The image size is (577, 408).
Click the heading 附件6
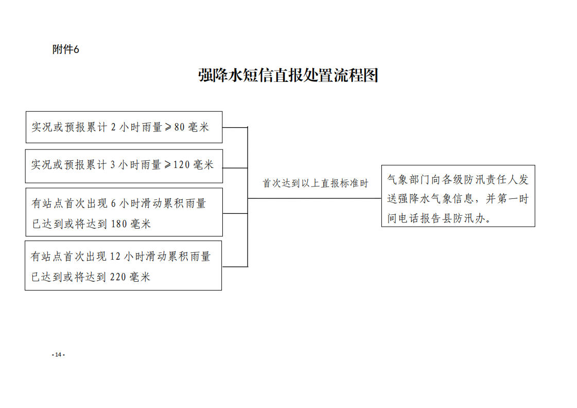click(65, 49)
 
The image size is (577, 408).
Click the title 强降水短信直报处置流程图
click(288, 76)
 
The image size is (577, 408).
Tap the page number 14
click(58, 354)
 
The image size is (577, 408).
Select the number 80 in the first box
click(179, 127)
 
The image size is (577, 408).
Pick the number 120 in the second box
click(181, 165)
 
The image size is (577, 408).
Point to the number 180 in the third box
click(119, 224)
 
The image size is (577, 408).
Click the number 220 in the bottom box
click(118, 277)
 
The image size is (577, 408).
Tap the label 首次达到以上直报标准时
click(316, 183)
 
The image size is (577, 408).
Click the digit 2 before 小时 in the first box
click(113, 127)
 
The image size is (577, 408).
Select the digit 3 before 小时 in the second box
click(113, 165)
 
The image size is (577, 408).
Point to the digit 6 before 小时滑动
click(113, 203)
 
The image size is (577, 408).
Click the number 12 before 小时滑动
click(115, 257)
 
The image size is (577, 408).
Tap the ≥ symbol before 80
click(168, 127)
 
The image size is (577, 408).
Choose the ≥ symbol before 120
click(167, 165)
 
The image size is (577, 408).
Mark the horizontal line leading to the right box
click(314, 198)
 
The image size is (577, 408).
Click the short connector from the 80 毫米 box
click(235, 127)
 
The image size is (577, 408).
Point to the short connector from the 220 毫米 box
click(235, 267)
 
